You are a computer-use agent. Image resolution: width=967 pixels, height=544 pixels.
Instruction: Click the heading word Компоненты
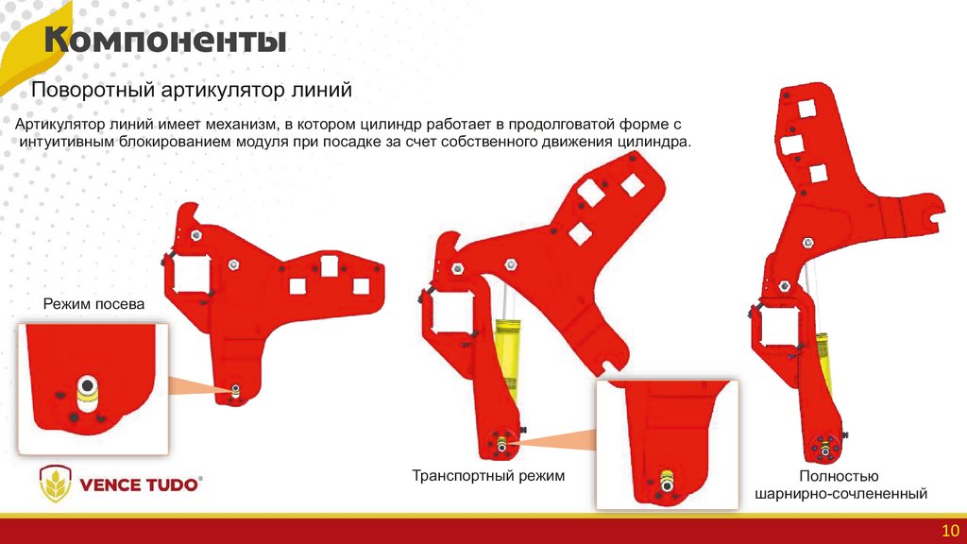[x=165, y=41]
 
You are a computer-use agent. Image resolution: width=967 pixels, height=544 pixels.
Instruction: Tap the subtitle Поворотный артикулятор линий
[x=191, y=90]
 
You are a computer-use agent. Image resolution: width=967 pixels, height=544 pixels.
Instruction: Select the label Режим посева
[x=93, y=304]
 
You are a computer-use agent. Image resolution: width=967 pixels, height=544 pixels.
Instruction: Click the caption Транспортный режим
[x=488, y=476]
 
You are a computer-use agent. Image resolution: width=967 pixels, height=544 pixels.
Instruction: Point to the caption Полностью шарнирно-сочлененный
[x=840, y=484]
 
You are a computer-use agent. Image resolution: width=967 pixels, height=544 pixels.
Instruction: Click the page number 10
[x=950, y=531]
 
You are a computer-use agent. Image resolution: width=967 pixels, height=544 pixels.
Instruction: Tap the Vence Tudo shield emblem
[x=56, y=484]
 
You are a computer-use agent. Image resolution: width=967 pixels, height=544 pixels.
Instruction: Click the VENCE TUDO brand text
[x=140, y=484]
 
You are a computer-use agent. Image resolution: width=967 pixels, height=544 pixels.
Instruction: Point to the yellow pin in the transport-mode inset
[x=666, y=482]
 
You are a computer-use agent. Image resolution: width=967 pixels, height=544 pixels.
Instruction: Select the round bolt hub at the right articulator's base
[x=823, y=447]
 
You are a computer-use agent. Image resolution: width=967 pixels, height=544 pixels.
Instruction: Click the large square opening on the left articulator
[x=192, y=275]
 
